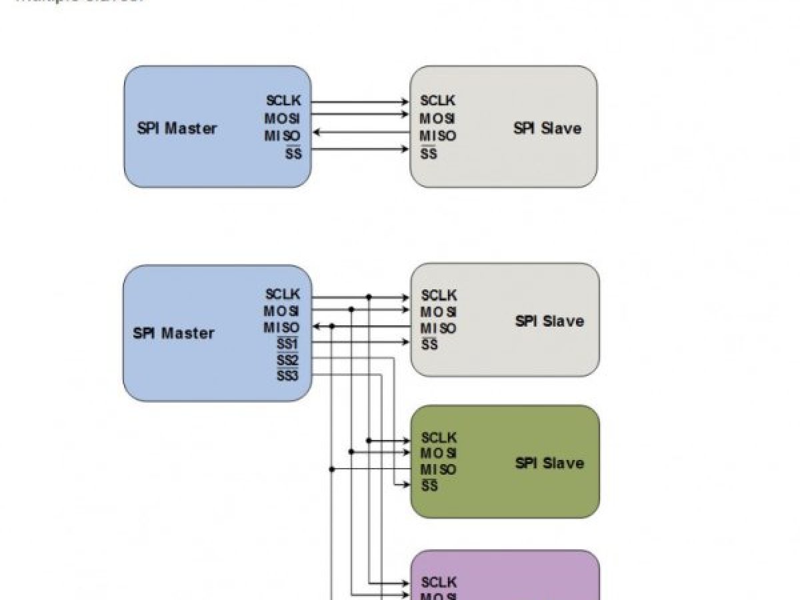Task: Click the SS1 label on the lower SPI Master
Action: [287, 345]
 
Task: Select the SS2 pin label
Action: [287, 361]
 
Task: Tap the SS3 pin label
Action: [287, 376]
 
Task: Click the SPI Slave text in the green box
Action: [549, 463]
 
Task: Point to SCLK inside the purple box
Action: [439, 582]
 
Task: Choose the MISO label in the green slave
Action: [438, 469]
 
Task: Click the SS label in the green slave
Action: [430, 486]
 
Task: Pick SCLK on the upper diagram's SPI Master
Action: [283, 101]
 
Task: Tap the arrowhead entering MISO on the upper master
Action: [317, 133]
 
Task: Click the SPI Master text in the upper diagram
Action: [177, 128]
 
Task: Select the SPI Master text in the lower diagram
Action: [173, 333]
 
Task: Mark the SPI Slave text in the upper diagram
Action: [547, 128]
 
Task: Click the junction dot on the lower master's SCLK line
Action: [369, 297]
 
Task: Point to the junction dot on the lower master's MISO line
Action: [332, 326]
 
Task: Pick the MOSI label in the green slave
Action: [438, 453]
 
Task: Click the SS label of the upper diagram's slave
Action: [429, 154]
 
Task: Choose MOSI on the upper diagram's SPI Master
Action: [282, 119]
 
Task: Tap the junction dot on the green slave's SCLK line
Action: [369, 441]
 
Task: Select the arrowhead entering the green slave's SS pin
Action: [406, 485]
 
